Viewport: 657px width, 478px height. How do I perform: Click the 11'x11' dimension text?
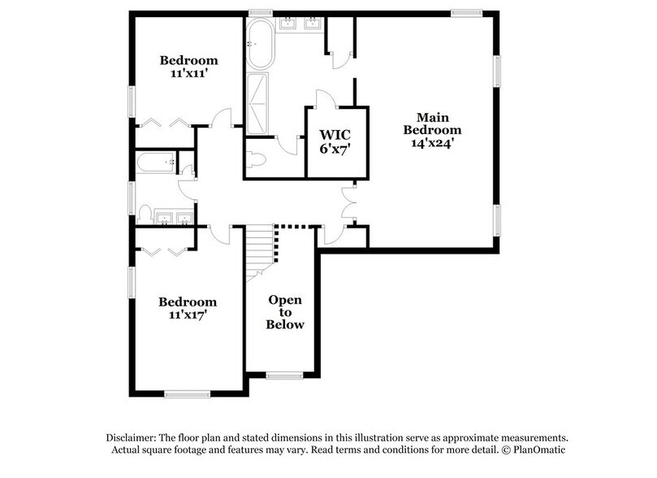pos(188,74)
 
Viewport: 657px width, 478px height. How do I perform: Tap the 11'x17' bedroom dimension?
pos(188,316)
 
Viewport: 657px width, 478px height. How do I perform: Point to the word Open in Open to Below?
pos(286,298)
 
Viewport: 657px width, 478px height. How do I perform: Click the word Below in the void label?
pos(286,325)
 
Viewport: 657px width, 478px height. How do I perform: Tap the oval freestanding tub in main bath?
pos(259,45)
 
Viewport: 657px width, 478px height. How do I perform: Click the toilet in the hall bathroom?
pos(146,215)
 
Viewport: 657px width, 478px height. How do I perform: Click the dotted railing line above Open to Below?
pos(293,228)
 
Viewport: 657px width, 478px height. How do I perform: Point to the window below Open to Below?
pos(284,375)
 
